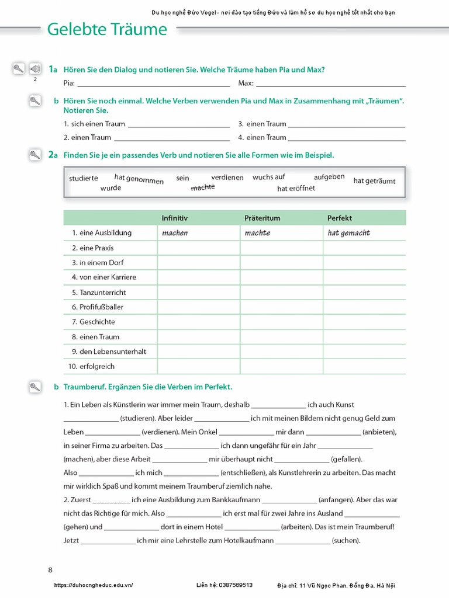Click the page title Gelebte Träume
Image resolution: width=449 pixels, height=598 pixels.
(x=106, y=29)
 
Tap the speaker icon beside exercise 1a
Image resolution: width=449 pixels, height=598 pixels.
(x=34, y=69)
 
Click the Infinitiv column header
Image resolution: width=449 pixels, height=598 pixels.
(x=175, y=218)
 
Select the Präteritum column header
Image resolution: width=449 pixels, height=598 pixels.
(x=263, y=218)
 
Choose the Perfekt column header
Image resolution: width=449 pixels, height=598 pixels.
(x=340, y=218)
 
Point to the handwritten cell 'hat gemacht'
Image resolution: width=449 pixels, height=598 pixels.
(x=349, y=233)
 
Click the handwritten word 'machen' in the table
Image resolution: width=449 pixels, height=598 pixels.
(x=175, y=233)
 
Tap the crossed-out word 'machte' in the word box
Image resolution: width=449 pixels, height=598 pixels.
(x=203, y=187)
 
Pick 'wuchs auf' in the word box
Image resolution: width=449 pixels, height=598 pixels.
(x=269, y=177)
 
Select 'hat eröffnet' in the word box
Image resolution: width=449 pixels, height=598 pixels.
(x=296, y=188)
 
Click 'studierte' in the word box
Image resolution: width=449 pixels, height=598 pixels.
(x=84, y=178)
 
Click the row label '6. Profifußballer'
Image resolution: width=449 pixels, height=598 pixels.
(x=98, y=307)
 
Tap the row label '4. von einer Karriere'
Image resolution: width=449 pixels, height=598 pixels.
(x=103, y=277)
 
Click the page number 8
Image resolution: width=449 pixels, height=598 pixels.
(x=50, y=569)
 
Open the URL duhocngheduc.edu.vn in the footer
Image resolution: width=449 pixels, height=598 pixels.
(x=94, y=585)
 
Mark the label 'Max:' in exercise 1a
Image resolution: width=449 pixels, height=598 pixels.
(x=246, y=84)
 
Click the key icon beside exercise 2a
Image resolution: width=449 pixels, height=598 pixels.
(x=34, y=155)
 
